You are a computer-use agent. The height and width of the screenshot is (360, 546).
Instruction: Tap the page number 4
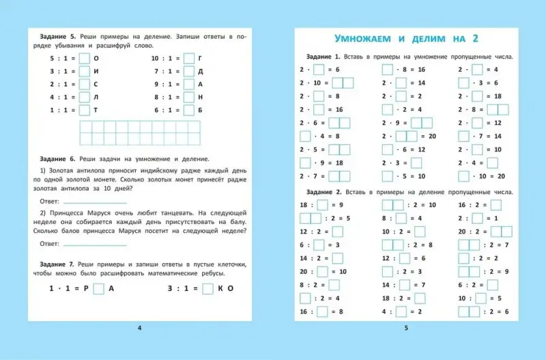coord(140,329)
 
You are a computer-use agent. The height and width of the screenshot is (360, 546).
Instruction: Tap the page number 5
coord(406,329)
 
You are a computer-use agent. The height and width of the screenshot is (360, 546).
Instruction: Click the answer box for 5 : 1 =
coord(84,59)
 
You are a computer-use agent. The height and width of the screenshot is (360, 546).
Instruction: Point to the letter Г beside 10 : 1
coord(201,59)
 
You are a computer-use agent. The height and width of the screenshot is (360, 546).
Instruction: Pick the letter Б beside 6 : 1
coord(201,110)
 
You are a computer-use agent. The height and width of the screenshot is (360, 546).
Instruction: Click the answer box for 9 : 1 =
coord(189,85)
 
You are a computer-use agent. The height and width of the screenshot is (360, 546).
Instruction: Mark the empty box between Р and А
coord(98,288)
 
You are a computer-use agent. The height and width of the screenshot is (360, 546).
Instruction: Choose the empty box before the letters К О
coord(208,288)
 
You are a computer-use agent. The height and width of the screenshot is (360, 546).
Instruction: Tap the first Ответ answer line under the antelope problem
coord(94,202)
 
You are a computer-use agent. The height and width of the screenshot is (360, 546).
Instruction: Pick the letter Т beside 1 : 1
coord(96,110)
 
